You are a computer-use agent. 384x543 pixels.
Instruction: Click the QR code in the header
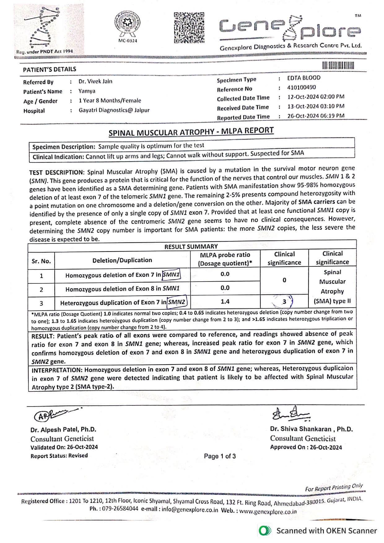pyautogui.click(x=189, y=28)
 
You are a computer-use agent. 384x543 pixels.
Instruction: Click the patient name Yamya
pyautogui.click(x=87, y=91)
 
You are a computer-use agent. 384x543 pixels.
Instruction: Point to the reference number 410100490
pyautogui.click(x=301, y=87)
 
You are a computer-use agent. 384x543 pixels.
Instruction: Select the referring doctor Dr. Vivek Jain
pyautogui.click(x=95, y=81)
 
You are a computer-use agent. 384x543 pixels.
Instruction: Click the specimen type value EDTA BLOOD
pyautogui.click(x=303, y=78)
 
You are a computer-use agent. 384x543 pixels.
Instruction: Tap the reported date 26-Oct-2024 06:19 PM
pyautogui.click(x=316, y=116)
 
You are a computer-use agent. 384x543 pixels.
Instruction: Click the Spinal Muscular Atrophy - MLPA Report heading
pyautogui.click(x=191, y=132)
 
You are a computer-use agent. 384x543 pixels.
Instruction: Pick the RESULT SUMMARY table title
pyautogui.click(x=191, y=247)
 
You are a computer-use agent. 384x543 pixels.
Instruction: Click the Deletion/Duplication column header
pyautogui.click(x=122, y=260)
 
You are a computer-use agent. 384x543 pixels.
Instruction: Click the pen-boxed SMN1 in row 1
pyautogui.click(x=172, y=274)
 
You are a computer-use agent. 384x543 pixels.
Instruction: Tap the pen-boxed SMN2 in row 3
pyautogui.click(x=177, y=302)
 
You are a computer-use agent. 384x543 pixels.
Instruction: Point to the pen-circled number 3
pyautogui.click(x=284, y=301)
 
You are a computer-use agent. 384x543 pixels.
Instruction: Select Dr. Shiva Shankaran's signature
pyautogui.click(x=290, y=414)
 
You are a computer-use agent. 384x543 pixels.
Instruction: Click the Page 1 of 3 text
pyautogui.click(x=220, y=456)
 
